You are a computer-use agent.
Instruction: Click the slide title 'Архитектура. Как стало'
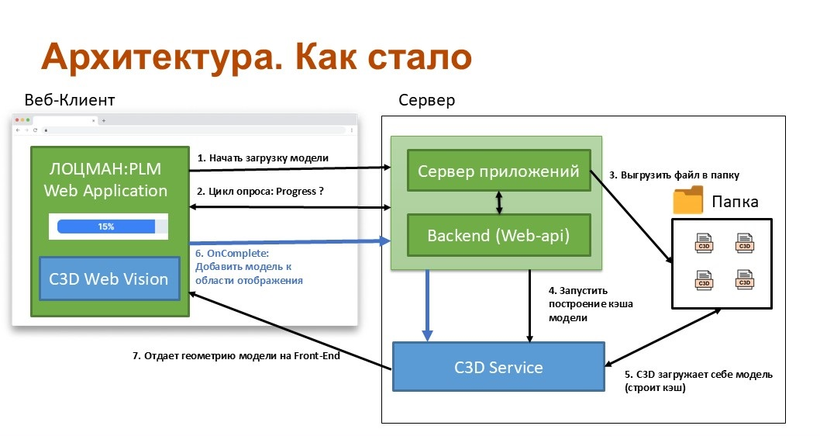(256, 57)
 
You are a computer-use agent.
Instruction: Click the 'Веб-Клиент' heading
(70, 101)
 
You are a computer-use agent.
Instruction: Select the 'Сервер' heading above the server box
(426, 101)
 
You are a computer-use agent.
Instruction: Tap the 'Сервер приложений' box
(498, 171)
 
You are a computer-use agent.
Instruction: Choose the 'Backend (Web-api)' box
(498, 235)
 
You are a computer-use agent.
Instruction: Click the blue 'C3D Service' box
(498, 366)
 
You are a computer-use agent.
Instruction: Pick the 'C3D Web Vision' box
(109, 278)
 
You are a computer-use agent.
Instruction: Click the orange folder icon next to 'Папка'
(687, 201)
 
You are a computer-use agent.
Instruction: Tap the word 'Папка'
(735, 203)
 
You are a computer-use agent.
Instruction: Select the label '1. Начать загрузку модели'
(263, 158)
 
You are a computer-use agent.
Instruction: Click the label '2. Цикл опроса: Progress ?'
(260, 191)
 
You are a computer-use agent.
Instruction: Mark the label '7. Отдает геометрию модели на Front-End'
(236, 356)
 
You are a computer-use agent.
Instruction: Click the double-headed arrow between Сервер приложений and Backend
(499, 203)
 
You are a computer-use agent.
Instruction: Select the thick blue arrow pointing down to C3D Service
(426, 304)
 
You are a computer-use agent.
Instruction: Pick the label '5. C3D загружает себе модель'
(698, 375)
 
